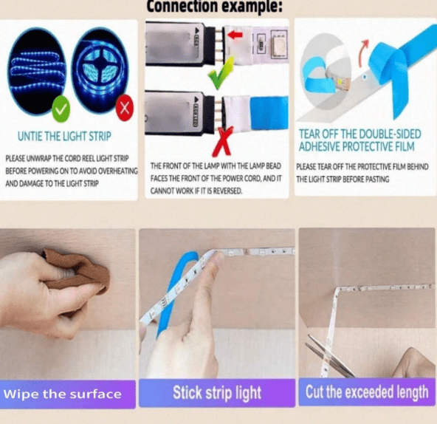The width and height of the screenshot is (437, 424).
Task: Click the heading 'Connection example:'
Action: point(214,7)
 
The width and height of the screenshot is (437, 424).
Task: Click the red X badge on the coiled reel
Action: point(125,108)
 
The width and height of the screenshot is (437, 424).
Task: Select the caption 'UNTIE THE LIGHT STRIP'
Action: point(63,137)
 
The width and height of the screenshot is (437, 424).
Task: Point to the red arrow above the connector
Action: point(235,34)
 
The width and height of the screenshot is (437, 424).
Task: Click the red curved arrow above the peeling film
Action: point(364,53)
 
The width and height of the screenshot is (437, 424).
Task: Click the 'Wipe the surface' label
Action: point(63,394)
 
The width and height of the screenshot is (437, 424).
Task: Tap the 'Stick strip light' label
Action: point(216,392)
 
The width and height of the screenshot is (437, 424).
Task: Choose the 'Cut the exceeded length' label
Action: point(367,391)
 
